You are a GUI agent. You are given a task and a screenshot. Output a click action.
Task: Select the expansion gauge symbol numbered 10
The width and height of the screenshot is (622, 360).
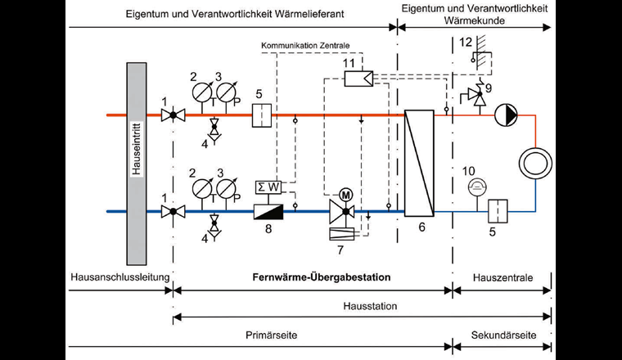[x=473, y=188]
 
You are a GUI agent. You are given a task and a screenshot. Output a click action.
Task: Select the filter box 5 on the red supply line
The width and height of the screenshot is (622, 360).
[x=261, y=115]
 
